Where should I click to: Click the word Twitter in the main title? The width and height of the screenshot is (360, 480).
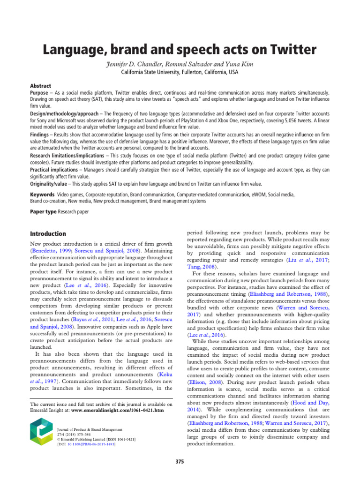pyautogui.click(x=291, y=50)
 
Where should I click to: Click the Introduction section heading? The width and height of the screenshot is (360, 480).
pyautogui.click(x=48, y=233)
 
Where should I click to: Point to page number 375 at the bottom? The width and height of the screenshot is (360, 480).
pyautogui.click(x=180, y=462)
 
